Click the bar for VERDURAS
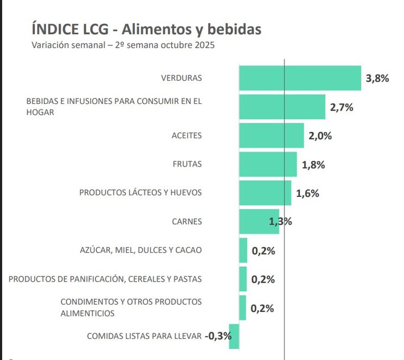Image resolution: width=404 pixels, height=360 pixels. tap(300, 78)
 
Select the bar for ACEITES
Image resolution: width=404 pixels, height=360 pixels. tap(271, 135)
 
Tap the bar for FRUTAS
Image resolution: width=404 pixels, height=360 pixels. tap(268, 164)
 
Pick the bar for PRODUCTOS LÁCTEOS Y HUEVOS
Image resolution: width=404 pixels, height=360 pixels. tap(265, 193)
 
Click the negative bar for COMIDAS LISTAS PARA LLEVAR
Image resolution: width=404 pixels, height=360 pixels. tap(234, 336)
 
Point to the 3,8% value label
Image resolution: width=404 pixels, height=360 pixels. tap(377, 79)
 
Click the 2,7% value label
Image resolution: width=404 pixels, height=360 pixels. tap(341, 107)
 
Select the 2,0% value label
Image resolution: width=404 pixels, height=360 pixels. tap(320, 136)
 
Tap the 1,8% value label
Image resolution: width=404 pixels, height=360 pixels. tap(313, 165)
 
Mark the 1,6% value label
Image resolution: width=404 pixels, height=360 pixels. tap(308, 194)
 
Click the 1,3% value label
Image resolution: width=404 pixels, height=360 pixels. tap(280, 222)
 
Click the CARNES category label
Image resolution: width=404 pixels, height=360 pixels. tap(187, 222)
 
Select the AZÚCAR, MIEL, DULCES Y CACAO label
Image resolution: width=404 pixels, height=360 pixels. tap(141, 251)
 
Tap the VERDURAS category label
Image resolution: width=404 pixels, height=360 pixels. tap(182, 78)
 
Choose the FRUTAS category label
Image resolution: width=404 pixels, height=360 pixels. tap(187, 164)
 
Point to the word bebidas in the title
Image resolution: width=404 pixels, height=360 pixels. tap(234, 29)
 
